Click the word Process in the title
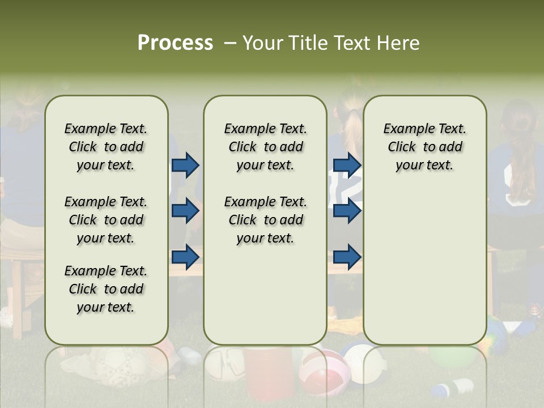pyautogui.click(x=175, y=43)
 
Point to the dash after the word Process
pyautogui.click(x=229, y=44)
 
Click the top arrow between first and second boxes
pyautogui.click(x=185, y=165)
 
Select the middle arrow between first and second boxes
pyautogui.click(x=185, y=211)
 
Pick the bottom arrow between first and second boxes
pyautogui.click(x=185, y=257)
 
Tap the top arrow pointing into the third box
pyautogui.click(x=347, y=165)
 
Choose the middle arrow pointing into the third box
pyautogui.click(x=347, y=211)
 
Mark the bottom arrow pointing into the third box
pyautogui.click(x=347, y=257)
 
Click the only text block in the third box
pyautogui.click(x=425, y=147)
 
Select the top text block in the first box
pyautogui.click(x=106, y=147)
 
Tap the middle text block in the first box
pyautogui.click(x=106, y=220)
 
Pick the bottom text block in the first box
pyautogui.click(x=106, y=289)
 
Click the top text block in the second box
pyautogui.click(x=265, y=147)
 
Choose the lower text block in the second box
pyautogui.click(x=265, y=220)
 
